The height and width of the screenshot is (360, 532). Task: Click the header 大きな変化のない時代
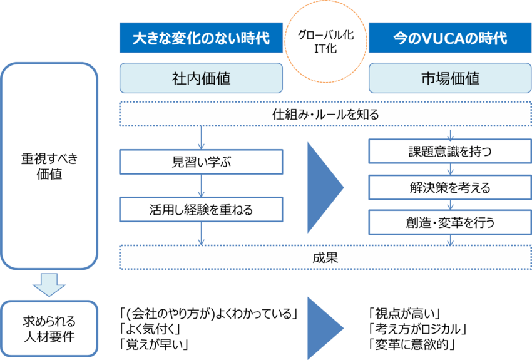click(x=201, y=38)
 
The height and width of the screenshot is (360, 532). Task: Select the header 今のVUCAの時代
click(x=450, y=38)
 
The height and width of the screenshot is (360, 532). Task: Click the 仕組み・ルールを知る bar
click(x=325, y=115)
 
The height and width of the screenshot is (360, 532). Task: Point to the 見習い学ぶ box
click(x=201, y=162)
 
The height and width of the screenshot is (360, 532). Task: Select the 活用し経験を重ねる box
click(x=201, y=210)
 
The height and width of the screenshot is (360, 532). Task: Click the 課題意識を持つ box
click(x=450, y=152)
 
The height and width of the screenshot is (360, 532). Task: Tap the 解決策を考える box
click(x=450, y=187)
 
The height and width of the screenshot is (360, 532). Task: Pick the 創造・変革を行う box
click(x=450, y=221)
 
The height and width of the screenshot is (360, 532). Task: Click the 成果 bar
click(x=325, y=257)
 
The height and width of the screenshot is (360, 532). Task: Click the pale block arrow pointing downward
click(x=49, y=285)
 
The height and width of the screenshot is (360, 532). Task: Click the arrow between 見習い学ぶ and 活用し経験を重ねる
click(x=201, y=186)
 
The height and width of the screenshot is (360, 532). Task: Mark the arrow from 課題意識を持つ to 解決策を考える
click(x=450, y=169)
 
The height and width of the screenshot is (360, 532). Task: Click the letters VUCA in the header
click(x=437, y=38)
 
